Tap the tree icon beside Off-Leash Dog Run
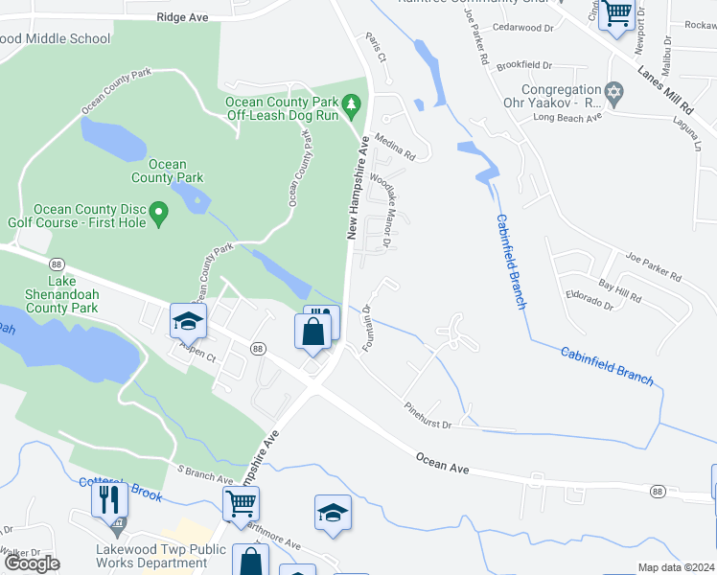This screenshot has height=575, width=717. tap(353, 102)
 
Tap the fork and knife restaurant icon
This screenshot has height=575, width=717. tap(109, 499)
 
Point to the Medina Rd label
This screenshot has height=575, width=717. tap(394, 147)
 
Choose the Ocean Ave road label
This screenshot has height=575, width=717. tap(443, 463)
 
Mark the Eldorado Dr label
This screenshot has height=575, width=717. tap(590, 299)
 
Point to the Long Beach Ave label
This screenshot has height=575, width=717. tap(567, 117)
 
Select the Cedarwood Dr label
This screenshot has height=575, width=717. tap(523, 29)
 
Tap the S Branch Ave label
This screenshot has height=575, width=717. tap(206, 474)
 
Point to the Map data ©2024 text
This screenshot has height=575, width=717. tap(676, 567)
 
